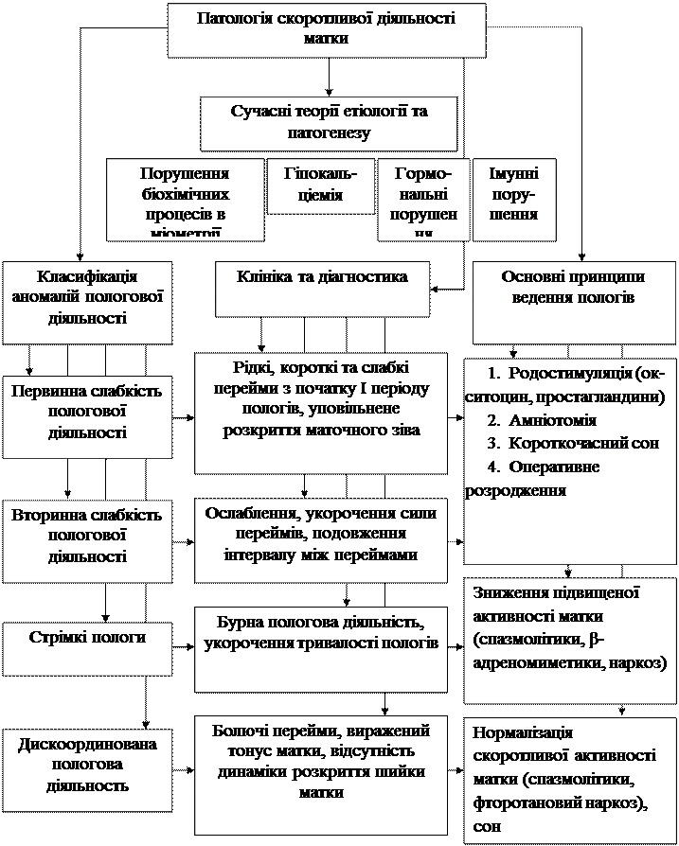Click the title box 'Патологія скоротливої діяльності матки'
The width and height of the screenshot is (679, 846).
pos(327,29)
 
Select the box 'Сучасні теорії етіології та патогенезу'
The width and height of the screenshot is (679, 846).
pos(328,122)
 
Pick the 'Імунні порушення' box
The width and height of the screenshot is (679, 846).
pos(512,195)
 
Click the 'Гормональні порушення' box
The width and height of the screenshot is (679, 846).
pos(422,201)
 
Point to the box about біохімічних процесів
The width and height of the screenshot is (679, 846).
pos(184,201)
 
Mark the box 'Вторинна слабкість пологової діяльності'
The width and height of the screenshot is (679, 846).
pos(87,536)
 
